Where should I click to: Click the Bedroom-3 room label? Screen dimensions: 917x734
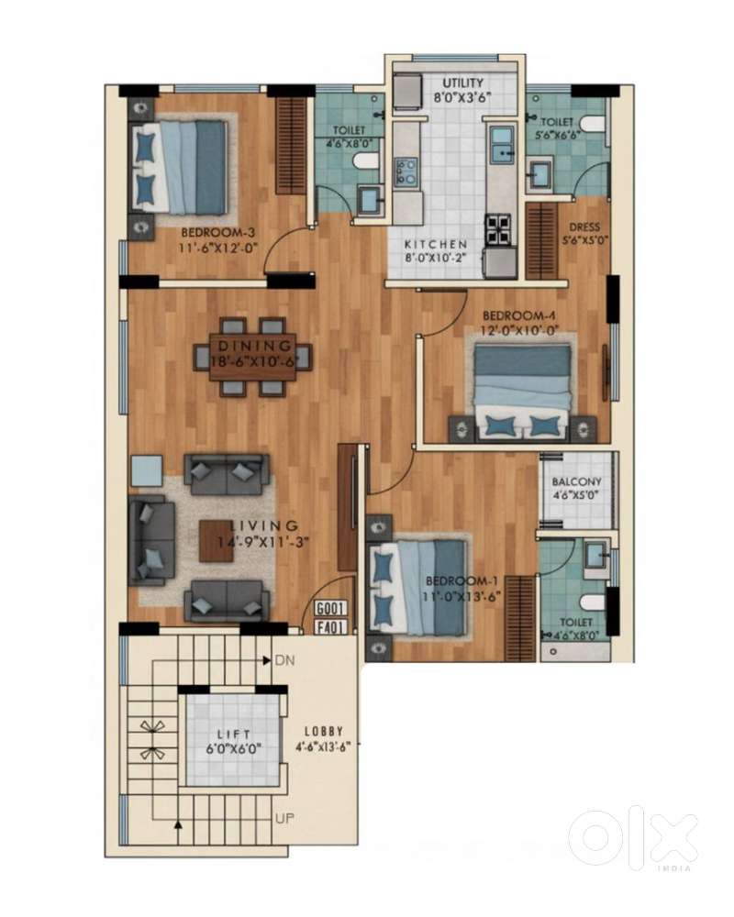(x=212, y=232)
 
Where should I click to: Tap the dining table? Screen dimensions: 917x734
(x=252, y=356)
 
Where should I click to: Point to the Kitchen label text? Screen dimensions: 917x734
(x=436, y=246)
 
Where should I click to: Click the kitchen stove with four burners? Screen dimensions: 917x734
(x=499, y=228)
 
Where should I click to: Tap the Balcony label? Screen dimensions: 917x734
(x=576, y=483)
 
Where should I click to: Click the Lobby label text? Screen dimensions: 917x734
(x=325, y=733)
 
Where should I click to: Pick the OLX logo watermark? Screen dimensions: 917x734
(x=632, y=839)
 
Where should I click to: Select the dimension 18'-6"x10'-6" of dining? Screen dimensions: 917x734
(x=252, y=361)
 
